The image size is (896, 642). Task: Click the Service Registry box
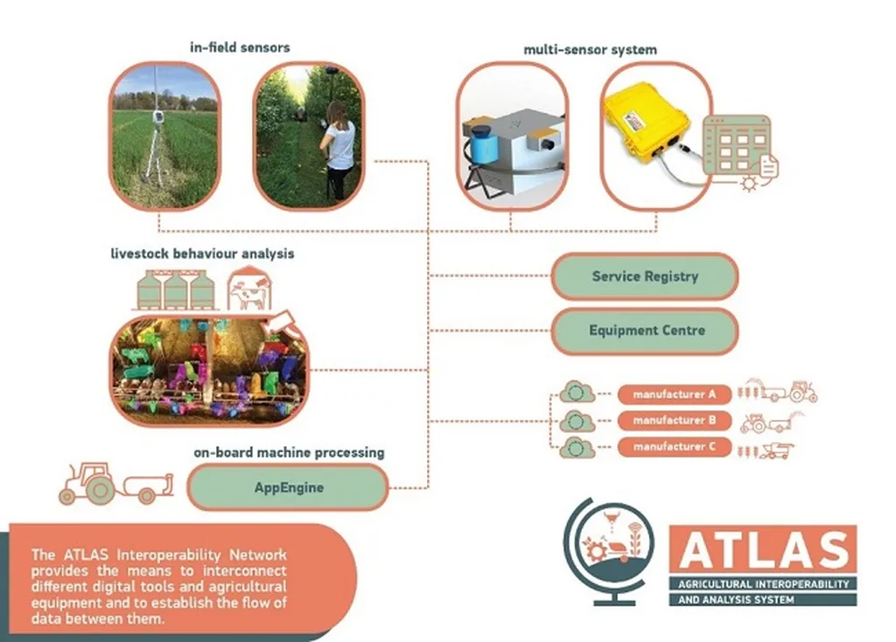tap(645, 277)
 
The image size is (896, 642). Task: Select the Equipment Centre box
tap(645, 331)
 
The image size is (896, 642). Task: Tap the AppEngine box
tap(288, 487)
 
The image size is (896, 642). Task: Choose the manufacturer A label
tap(674, 394)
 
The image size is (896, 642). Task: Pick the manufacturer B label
tap(674, 421)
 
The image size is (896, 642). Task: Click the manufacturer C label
tap(674, 447)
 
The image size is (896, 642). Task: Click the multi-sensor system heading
tap(590, 50)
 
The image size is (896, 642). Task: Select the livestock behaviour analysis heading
tap(202, 254)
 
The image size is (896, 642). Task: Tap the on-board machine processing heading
tap(289, 453)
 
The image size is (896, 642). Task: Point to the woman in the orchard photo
tap(339, 144)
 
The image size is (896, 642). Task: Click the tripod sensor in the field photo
tap(157, 140)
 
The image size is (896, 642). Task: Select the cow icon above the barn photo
tap(249, 291)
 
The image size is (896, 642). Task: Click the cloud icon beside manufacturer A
tap(577, 394)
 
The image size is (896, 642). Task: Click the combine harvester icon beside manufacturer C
tap(769, 450)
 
